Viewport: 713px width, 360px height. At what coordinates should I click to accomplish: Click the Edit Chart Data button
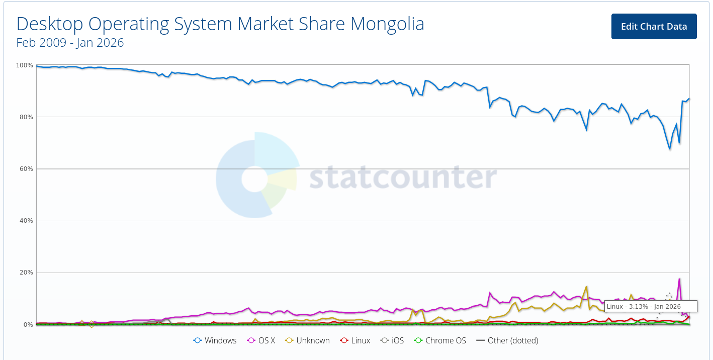click(x=654, y=26)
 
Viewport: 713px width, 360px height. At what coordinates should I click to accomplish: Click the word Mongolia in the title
click(x=387, y=24)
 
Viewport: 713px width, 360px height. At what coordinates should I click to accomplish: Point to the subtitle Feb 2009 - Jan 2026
click(x=70, y=43)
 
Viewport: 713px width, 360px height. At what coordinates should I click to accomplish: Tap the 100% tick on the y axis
click(x=25, y=65)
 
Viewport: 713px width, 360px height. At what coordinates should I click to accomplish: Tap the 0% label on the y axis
click(x=28, y=325)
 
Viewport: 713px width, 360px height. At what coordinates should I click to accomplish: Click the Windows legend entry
click(x=215, y=340)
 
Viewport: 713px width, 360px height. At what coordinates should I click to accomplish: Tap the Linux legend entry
click(x=355, y=340)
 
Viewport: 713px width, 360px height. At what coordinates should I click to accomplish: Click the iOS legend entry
click(x=392, y=340)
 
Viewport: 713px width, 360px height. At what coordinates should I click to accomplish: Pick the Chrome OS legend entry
click(x=440, y=340)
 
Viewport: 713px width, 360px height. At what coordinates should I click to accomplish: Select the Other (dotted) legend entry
click(x=507, y=340)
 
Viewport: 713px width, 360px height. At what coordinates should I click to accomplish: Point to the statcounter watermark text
click(x=402, y=177)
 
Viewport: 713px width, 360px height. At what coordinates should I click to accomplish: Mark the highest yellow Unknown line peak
click(x=586, y=287)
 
